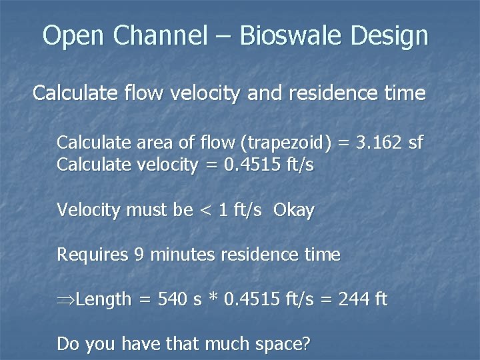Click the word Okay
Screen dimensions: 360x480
[294, 211]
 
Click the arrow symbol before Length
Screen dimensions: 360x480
[65, 300]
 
